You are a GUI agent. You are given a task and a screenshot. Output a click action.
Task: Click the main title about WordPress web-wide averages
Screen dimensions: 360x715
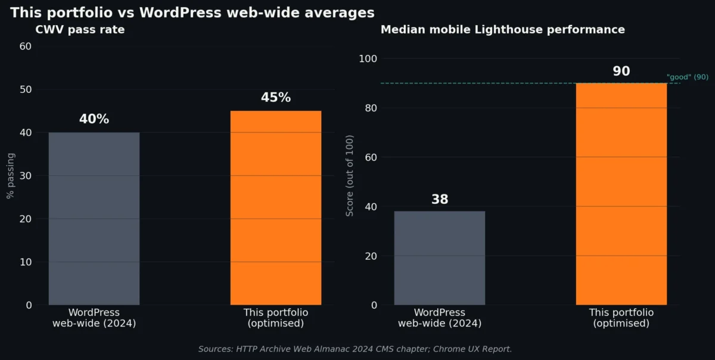pyautogui.click(x=192, y=13)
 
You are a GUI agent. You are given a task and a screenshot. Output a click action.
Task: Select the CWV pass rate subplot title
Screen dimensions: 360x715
pyautogui.click(x=80, y=30)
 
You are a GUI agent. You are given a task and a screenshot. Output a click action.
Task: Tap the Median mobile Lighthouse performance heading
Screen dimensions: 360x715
pyautogui.click(x=502, y=30)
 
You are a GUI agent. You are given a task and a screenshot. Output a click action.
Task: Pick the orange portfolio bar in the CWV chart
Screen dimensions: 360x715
pyautogui.click(x=275, y=208)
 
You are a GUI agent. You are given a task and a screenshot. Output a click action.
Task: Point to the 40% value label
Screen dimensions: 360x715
pyautogui.click(x=94, y=119)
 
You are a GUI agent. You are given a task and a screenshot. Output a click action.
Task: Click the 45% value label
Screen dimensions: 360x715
pyautogui.click(x=275, y=98)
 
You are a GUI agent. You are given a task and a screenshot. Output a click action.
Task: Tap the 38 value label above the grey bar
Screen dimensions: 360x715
pyautogui.click(x=439, y=200)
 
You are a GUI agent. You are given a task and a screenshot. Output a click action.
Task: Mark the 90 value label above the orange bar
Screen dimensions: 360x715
pyautogui.click(x=621, y=72)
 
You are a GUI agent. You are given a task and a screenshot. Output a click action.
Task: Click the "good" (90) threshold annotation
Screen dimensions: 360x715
pyautogui.click(x=687, y=77)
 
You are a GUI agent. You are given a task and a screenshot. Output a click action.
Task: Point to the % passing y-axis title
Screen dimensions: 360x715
pyautogui.click(x=11, y=175)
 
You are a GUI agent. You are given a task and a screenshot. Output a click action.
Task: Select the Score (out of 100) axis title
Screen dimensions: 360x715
pyautogui.click(x=350, y=176)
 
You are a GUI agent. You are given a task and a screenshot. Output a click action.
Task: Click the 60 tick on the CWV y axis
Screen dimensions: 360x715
pyautogui.click(x=26, y=46)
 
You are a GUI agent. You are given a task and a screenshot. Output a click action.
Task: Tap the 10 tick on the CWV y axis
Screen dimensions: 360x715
pyautogui.click(x=26, y=262)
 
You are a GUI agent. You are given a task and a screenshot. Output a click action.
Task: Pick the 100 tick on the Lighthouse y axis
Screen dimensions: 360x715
pyautogui.click(x=368, y=58)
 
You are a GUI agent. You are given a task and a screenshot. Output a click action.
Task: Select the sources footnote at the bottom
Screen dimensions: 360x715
pyautogui.click(x=355, y=349)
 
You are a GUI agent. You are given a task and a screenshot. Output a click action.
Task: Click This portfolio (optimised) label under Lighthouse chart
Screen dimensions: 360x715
pyautogui.click(x=621, y=318)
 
